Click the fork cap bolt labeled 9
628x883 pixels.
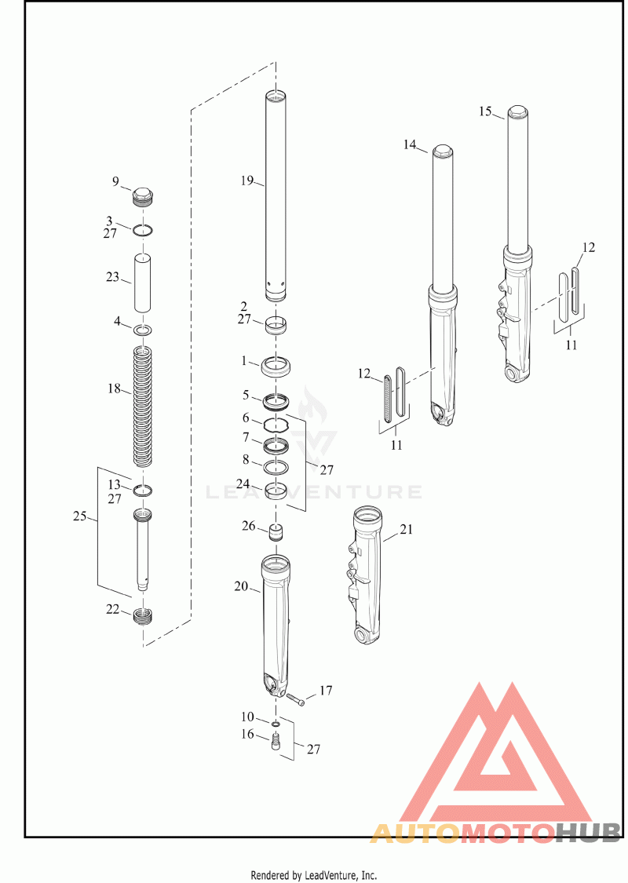tap(143, 196)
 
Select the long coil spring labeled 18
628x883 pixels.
tap(143, 406)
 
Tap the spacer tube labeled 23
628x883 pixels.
tap(143, 283)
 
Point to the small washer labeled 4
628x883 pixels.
tap(143, 330)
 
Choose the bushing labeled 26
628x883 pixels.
tap(276, 532)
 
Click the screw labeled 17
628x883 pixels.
tap(296, 699)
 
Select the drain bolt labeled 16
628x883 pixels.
tap(276, 742)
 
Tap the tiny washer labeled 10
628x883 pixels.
tap(276, 723)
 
